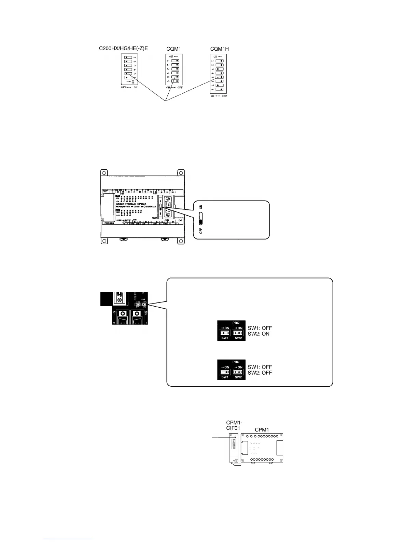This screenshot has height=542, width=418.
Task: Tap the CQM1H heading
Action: point(219,49)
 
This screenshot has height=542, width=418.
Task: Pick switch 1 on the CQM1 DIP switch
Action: point(176,61)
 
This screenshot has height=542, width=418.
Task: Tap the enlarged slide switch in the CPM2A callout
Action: point(201,218)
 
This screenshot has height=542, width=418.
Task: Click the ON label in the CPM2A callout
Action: point(201,207)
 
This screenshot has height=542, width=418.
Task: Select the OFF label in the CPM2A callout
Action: point(201,230)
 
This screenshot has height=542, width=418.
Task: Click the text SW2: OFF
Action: point(260,373)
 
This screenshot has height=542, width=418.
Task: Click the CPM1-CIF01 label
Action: point(234,425)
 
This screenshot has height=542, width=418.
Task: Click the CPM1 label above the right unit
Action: point(262,429)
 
